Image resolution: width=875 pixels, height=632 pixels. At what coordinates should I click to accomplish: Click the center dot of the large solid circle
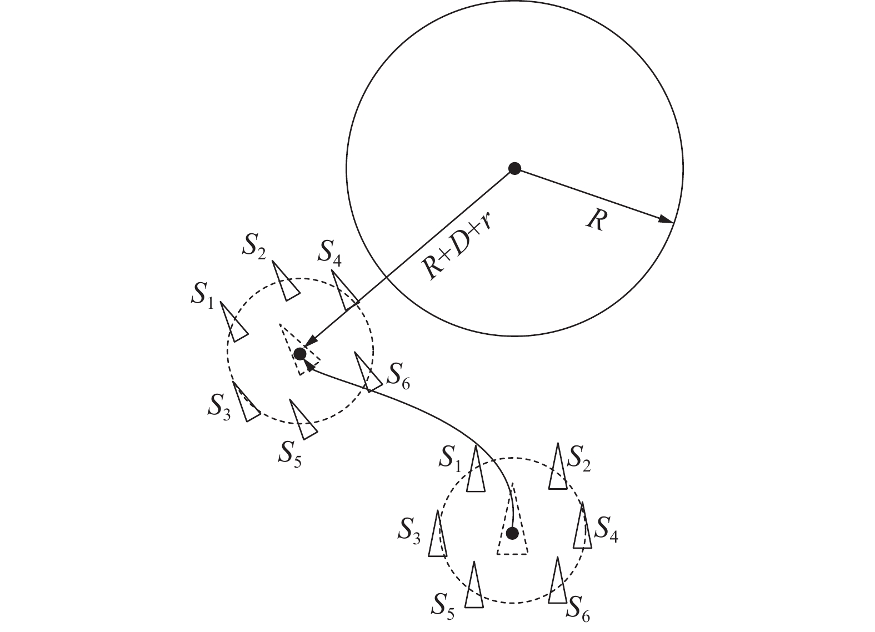pyautogui.click(x=515, y=168)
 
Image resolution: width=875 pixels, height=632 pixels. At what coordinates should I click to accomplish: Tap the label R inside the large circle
pyautogui.click(x=595, y=222)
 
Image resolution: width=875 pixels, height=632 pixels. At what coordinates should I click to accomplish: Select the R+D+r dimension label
pyautogui.click(x=459, y=245)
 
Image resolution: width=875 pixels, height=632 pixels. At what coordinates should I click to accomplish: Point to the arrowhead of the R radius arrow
pyautogui.click(x=667, y=220)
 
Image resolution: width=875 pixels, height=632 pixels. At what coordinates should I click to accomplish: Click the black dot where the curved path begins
pyautogui.click(x=512, y=533)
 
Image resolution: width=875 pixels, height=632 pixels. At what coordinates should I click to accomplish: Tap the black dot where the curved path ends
pyautogui.click(x=300, y=353)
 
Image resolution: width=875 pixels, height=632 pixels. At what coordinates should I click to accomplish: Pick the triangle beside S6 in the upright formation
pyautogui.click(x=558, y=583)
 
